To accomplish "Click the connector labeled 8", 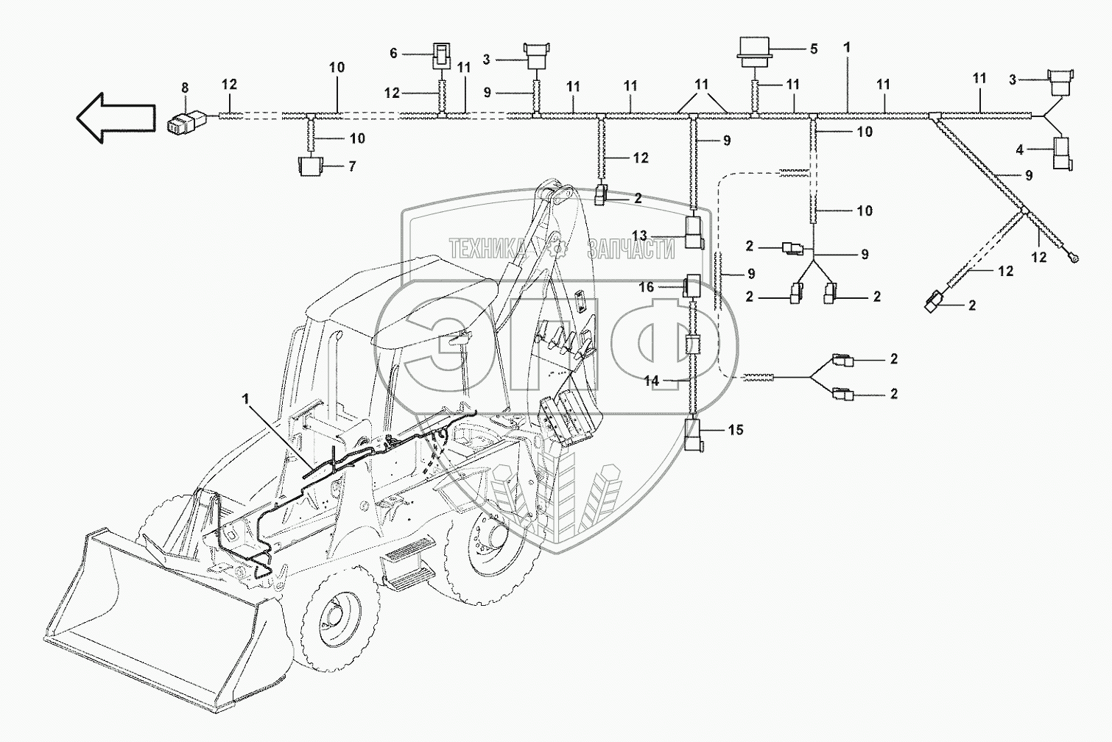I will coord(185,121).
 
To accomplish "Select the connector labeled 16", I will coord(693,285).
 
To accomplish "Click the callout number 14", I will coord(652,381).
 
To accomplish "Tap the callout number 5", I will coord(814,49).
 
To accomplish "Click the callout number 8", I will coord(185,88).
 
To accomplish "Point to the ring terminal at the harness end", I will coord(1076,257).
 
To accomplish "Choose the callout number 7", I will coord(352,166).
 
